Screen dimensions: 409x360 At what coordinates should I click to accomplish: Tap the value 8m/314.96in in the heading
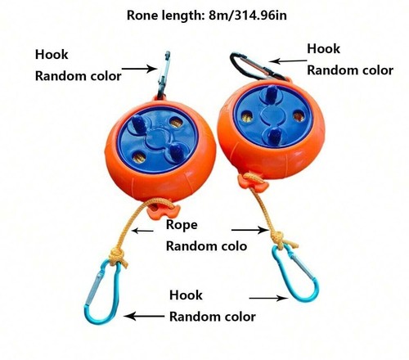[x=248, y=16]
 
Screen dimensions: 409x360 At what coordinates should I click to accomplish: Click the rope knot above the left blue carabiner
[x=117, y=255]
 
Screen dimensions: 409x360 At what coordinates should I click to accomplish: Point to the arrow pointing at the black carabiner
[x=288, y=61]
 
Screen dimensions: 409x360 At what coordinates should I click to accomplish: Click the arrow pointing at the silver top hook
[x=139, y=69]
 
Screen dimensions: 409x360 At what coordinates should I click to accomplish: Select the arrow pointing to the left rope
[x=142, y=231]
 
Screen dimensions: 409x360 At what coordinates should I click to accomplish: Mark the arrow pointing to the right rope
[x=250, y=230]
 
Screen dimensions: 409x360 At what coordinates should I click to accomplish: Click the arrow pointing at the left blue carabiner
[x=144, y=317]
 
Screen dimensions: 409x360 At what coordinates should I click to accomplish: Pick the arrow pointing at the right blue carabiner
[x=268, y=298]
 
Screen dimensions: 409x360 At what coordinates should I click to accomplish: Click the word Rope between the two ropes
[x=182, y=225]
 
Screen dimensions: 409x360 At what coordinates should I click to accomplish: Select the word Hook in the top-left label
[x=52, y=55]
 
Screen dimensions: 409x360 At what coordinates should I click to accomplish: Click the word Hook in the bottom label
[x=186, y=295]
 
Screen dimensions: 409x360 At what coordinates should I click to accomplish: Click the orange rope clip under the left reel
[x=161, y=210]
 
